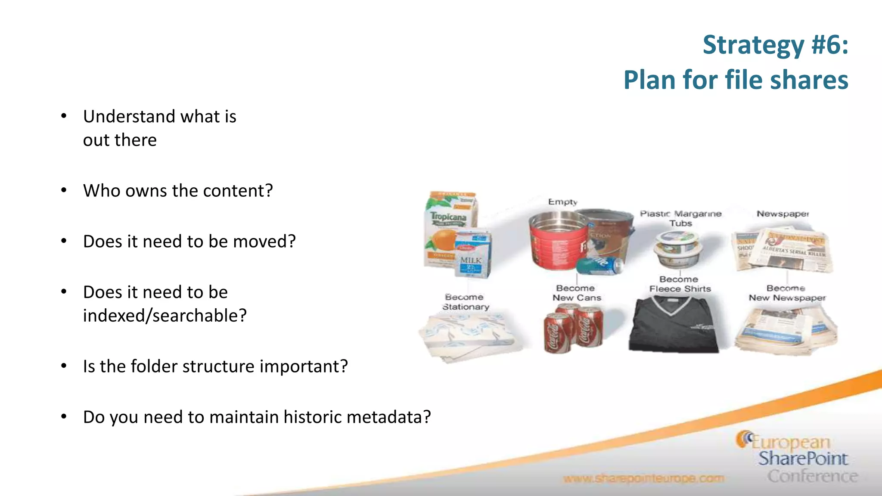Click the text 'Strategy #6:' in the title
point(775,45)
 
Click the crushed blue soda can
point(599,266)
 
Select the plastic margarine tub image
point(677,250)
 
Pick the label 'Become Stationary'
point(465,302)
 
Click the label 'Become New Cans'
point(576,293)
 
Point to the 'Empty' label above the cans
point(562,202)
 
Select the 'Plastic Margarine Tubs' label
point(680,218)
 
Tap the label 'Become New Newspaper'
point(787,293)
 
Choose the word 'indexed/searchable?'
point(165,316)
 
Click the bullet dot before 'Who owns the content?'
point(64,190)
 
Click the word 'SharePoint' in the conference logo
point(803,459)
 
